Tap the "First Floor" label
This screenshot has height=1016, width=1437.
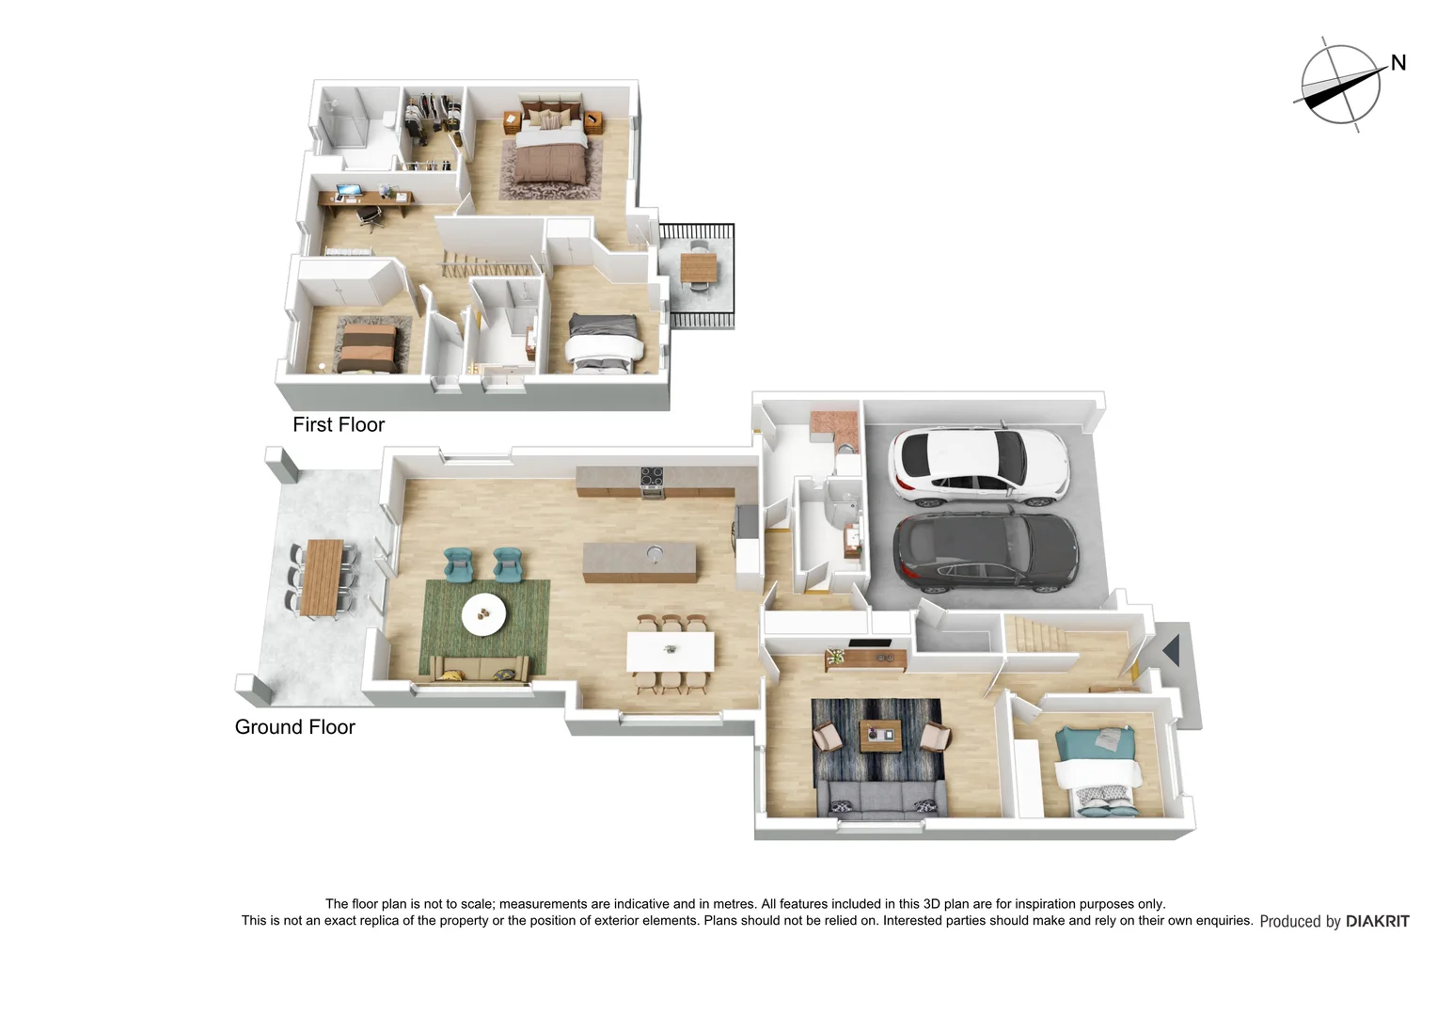pyautogui.click(x=339, y=424)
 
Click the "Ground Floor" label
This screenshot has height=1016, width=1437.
pyautogui.click(x=294, y=727)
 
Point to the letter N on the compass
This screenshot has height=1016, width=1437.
pyautogui.click(x=1398, y=63)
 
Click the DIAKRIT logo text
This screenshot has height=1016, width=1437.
pyautogui.click(x=1377, y=921)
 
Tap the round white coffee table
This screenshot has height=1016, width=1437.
pyautogui.click(x=483, y=614)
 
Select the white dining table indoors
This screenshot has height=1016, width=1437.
pyautogui.click(x=671, y=651)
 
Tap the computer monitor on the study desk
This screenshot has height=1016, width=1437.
pyautogui.click(x=348, y=191)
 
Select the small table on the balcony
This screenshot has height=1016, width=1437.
pyautogui.click(x=698, y=268)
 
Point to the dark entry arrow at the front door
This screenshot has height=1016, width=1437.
pyautogui.click(x=1171, y=650)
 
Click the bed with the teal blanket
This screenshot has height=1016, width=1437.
pyautogui.click(x=1099, y=767)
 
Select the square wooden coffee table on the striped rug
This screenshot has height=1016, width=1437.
pyautogui.click(x=881, y=736)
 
